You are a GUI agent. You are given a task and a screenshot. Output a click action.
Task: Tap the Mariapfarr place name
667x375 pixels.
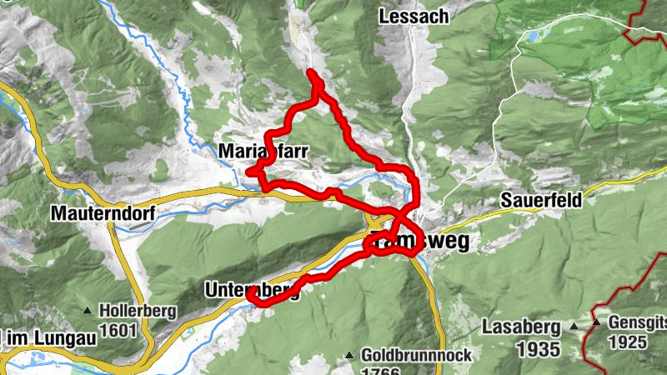pos(264,151)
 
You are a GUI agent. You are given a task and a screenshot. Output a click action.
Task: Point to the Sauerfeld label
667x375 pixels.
pos(542,201)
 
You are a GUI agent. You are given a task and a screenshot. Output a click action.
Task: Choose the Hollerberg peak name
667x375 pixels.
pos(138,312)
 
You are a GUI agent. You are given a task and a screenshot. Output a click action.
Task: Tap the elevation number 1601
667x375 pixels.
pos(118,330)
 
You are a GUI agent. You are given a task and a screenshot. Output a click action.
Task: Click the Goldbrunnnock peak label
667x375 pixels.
pos(417,355)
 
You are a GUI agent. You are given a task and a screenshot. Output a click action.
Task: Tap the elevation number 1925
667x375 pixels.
pos(627,342)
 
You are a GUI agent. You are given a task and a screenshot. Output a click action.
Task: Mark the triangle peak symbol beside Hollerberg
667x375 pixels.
pos(88,312)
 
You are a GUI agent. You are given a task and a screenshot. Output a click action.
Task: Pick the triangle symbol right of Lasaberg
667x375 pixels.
pos(574,326)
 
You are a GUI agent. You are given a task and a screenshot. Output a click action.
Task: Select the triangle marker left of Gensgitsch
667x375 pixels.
pos(597,322)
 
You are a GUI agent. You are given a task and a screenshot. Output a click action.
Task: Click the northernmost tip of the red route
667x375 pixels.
pos(311,72)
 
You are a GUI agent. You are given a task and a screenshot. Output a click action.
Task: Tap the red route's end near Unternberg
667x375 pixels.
pos(250,292)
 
